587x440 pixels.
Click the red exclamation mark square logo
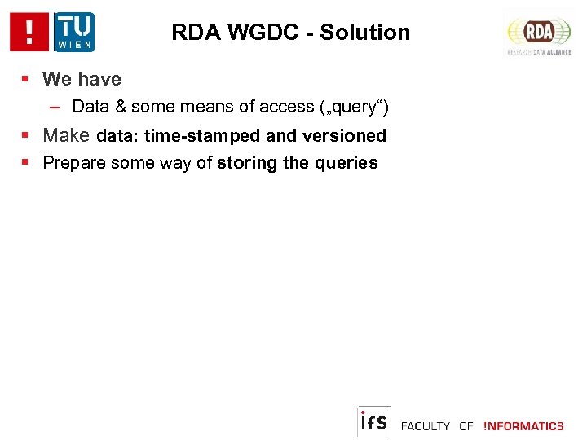(29, 33)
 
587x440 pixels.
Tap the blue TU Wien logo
(74, 33)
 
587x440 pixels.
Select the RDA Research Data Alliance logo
(539, 33)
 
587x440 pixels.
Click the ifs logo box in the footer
(374, 422)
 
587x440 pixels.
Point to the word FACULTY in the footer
(426, 426)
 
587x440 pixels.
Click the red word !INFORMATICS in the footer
(523, 426)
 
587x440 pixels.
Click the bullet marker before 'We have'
(26, 80)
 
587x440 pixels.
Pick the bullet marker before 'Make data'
(26, 136)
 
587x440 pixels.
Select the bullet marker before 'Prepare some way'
(26, 163)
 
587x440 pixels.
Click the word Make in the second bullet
(67, 135)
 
